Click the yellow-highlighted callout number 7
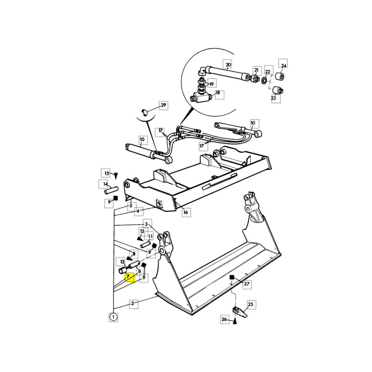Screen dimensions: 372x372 (130, 278)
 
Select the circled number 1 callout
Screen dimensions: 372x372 (113, 317)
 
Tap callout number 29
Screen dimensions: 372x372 (164, 105)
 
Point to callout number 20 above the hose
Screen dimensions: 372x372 (228, 65)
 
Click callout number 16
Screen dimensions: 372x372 (186, 212)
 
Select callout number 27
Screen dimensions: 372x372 (247, 284)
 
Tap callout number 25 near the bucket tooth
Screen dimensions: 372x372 (251, 305)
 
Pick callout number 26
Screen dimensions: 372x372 (224, 319)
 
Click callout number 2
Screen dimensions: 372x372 (133, 304)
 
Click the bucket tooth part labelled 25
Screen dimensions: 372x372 (239, 311)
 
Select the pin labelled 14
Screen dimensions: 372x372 (111, 190)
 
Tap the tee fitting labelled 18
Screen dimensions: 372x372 (200, 97)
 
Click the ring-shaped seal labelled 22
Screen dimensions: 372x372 (264, 80)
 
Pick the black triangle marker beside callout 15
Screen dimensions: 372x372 (116, 176)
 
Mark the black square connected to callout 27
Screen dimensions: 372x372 (232, 277)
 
